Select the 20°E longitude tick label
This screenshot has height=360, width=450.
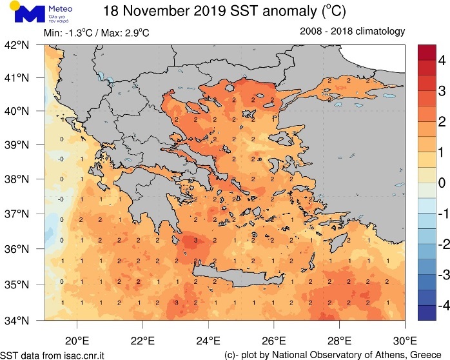(77, 341)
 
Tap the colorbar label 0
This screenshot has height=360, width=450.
(442, 183)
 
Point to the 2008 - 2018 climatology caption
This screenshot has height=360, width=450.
(352, 31)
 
